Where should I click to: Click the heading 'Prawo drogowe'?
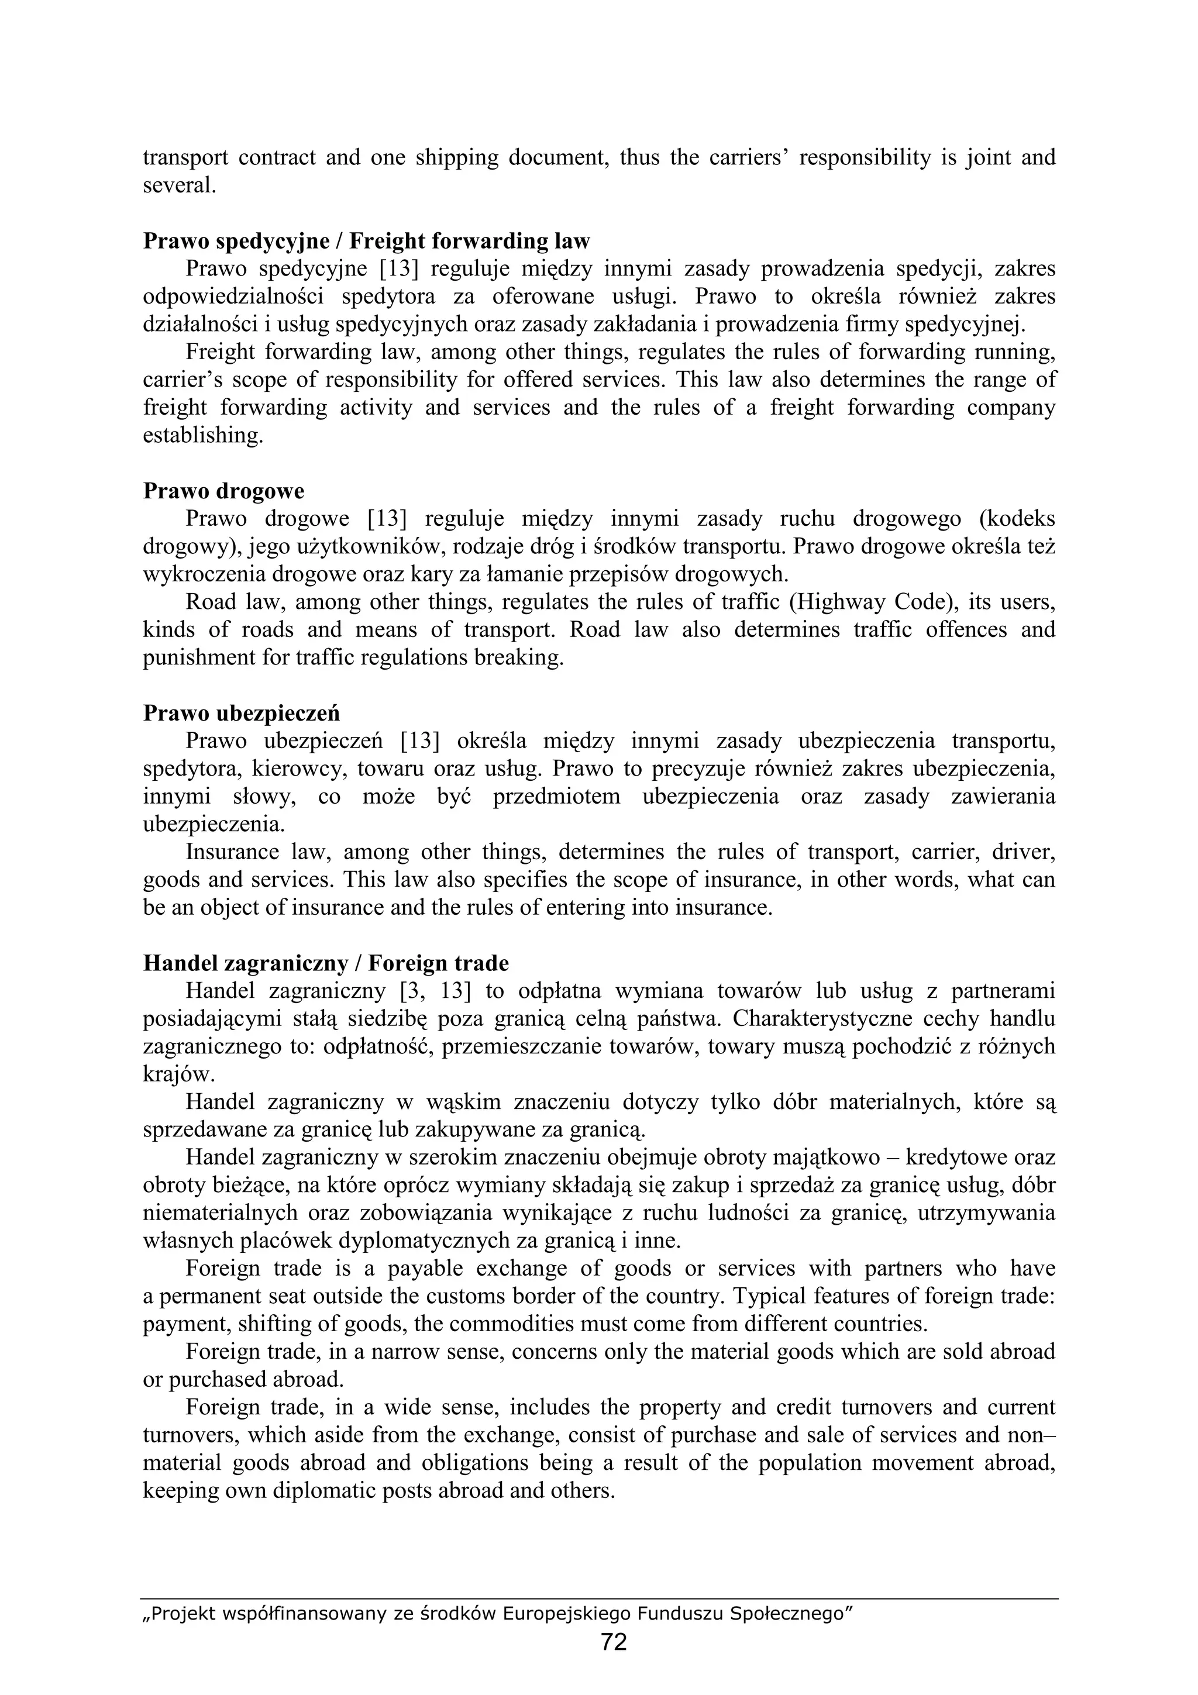(223, 491)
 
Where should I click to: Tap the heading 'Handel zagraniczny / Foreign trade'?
(325, 963)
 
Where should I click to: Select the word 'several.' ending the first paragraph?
(180, 185)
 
